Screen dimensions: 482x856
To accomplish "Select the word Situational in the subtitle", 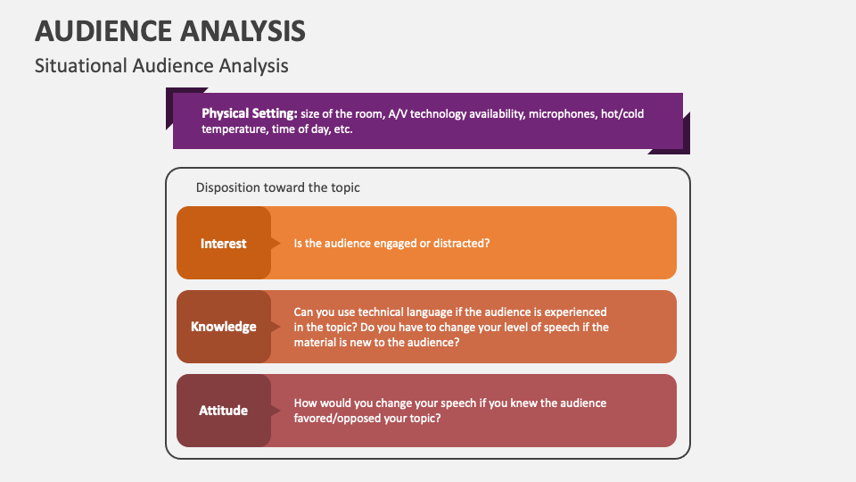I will (80, 66).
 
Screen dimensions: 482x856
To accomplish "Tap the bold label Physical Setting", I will (249, 113).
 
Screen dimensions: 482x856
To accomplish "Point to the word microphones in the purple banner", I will (561, 113).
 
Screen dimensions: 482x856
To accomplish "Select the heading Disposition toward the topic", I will (277, 187).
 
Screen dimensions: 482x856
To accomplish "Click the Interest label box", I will (223, 243).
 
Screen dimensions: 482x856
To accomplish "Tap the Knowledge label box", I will (223, 327).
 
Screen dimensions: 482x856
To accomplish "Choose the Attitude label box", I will (223, 411).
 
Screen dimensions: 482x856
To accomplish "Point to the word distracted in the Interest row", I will (460, 243).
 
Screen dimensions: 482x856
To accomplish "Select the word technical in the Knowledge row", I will (380, 312).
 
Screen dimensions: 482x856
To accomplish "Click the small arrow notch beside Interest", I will (275, 243).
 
